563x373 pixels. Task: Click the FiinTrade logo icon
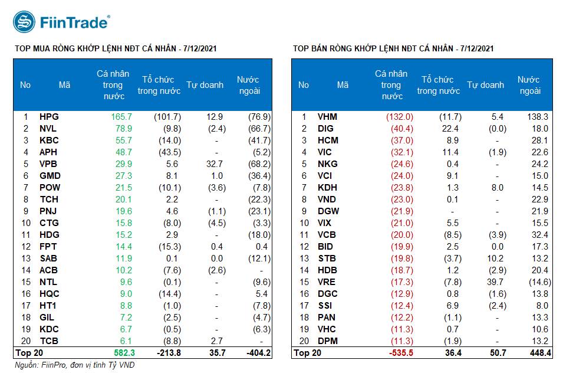[x=24, y=22]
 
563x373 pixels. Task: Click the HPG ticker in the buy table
[x=49, y=117]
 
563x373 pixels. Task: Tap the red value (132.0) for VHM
[x=400, y=117]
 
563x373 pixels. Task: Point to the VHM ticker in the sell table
[x=327, y=117]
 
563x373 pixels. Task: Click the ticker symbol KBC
[x=49, y=140]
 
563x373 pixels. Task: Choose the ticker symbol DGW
[x=328, y=211]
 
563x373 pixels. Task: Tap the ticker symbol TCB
[x=49, y=341]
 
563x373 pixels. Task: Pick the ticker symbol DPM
[x=328, y=341]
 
